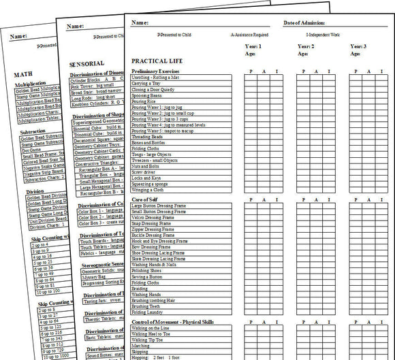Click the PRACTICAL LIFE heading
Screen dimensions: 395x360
coord(156,60)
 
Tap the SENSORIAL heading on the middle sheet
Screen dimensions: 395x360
coord(87,63)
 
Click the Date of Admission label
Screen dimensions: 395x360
coord(305,23)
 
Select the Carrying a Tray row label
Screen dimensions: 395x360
coord(147,84)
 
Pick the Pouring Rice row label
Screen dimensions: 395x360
coord(143,101)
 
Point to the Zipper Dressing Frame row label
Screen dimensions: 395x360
coord(154,229)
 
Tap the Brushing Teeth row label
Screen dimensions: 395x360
coord(146,306)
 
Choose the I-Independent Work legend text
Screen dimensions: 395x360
coord(329,34)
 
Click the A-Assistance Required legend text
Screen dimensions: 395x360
coord(249,34)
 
